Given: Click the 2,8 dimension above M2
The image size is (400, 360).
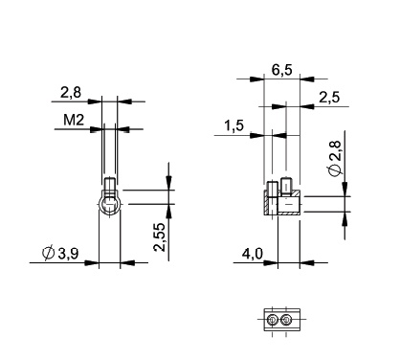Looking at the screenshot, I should [x=71, y=92].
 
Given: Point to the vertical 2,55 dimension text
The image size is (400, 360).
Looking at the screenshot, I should [x=161, y=236].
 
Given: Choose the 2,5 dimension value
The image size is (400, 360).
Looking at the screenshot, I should [x=329, y=97].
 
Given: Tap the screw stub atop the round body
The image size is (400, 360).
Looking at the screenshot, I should [x=110, y=185].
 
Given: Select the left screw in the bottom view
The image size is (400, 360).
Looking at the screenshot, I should [x=273, y=320].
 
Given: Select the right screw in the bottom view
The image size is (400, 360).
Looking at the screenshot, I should [x=286, y=320].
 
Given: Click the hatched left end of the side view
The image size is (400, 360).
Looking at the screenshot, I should [x=268, y=203].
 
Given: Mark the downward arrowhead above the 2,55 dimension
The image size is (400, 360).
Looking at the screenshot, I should [x=168, y=187].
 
